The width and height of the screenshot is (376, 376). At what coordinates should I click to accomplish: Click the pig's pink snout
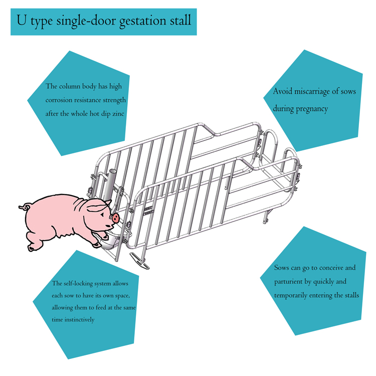115,218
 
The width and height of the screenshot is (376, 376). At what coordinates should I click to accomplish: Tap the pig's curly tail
25,207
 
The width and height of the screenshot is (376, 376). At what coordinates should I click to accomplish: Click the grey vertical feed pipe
109,184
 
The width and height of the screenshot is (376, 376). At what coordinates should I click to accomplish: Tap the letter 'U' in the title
22,20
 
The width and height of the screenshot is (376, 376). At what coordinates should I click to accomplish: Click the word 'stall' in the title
180,20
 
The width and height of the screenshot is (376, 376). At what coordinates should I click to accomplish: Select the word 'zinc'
118,114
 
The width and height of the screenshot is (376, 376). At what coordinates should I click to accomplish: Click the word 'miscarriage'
312,92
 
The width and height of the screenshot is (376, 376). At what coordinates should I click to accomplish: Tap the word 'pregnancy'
312,109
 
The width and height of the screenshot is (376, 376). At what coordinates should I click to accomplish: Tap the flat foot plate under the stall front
139,260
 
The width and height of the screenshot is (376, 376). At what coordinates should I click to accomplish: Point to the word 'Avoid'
282,91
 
